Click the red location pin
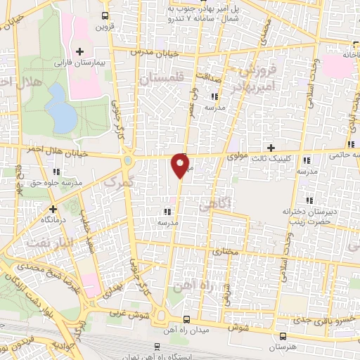coord(181,165)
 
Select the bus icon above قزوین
coord(105,16)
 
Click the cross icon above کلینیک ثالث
coord(271,148)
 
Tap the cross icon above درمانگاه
coord(52,209)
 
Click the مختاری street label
coord(226,250)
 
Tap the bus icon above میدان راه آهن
coord(186,318)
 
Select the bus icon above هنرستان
coord(283,337)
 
